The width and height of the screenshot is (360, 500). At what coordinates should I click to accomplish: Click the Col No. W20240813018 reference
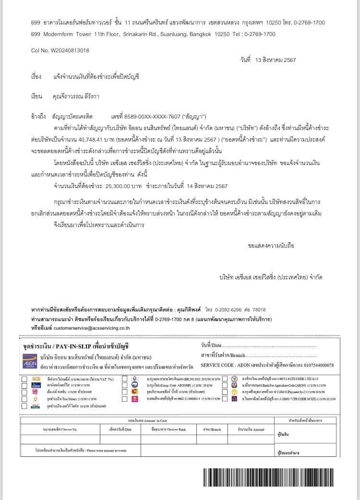click(x=60, y=50)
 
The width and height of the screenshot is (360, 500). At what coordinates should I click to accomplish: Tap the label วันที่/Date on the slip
click(x=211, y=345)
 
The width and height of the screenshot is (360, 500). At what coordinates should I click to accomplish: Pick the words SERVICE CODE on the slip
click(x=216, y=365)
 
